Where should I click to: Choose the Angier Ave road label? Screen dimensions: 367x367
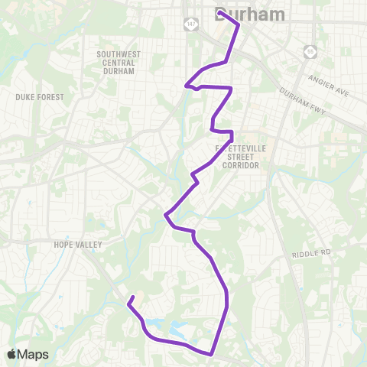pos(329,80)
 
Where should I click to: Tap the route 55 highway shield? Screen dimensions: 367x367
pos(310,51)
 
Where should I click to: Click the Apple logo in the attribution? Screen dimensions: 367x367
pos(12,354)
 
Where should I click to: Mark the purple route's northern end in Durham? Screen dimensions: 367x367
pos(219,12)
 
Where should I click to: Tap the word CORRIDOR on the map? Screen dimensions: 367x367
pos(239,165)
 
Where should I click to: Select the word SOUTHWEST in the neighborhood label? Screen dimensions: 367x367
pos(116,54)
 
